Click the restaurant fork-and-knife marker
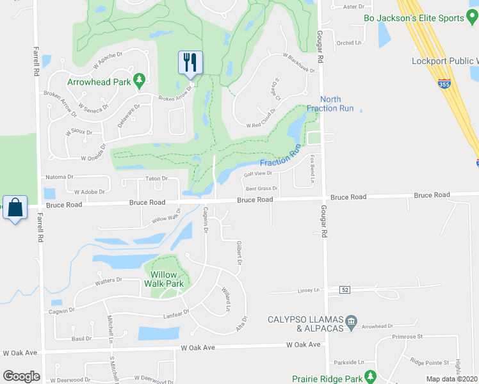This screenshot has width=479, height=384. point(190,62)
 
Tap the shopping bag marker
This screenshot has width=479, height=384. point(15,207)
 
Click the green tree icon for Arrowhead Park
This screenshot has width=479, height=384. point(139,81)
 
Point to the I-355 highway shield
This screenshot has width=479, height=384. point(445,83)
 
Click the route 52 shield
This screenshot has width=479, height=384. point(346,290)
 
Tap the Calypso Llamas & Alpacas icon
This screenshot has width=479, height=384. point(351,320)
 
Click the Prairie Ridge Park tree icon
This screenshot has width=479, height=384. point(369,376)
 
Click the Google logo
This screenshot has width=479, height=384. point(21,376)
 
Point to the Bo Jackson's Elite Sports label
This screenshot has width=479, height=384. point(422,19)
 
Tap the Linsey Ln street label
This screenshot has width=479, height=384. point(308,291)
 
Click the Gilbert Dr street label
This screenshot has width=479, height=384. point(239,253)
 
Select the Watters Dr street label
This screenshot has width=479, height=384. point(108,280)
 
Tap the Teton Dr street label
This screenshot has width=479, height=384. point(156,179)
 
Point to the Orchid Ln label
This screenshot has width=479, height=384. point(349,43)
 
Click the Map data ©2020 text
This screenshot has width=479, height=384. point(451,379)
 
